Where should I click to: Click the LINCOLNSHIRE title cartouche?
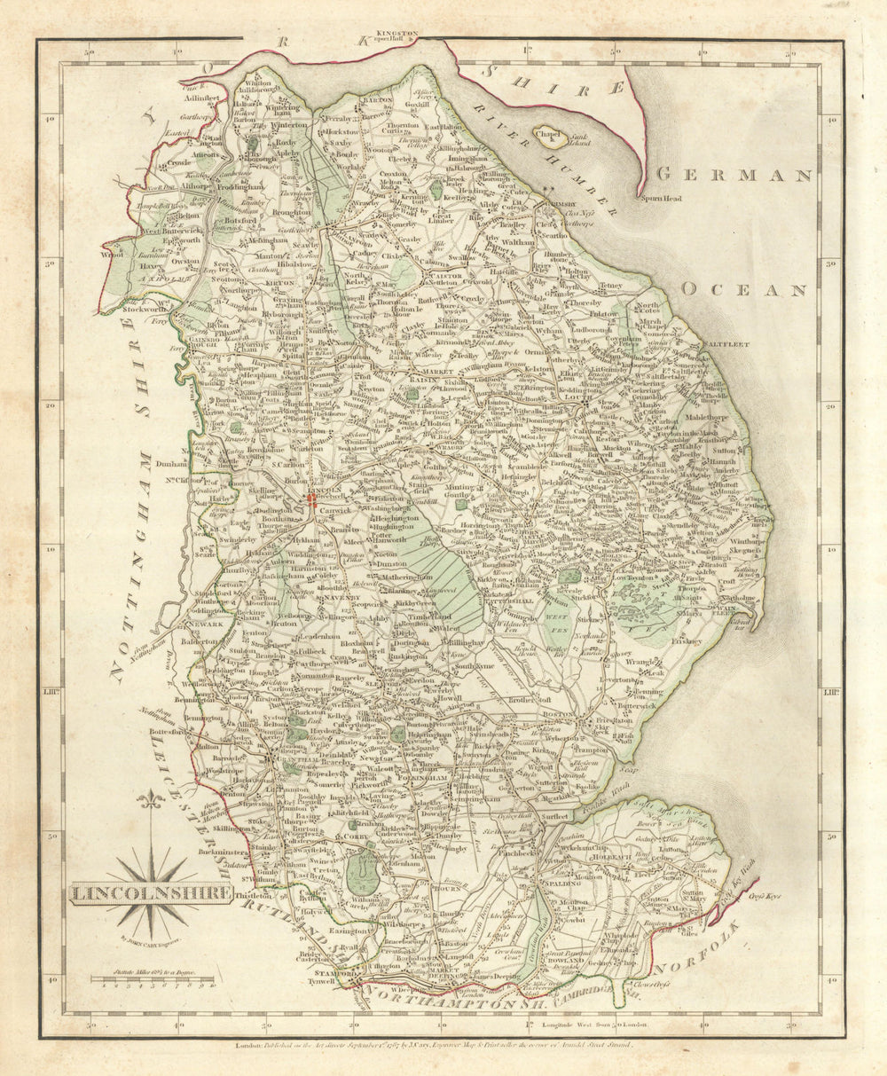[149, 892]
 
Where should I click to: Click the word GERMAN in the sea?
[735, 175]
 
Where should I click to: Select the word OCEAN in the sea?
[745, 290]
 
